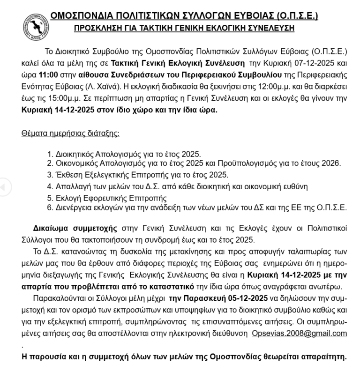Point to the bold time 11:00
48,74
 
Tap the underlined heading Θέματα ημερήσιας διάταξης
70,133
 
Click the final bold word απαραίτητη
322,356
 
